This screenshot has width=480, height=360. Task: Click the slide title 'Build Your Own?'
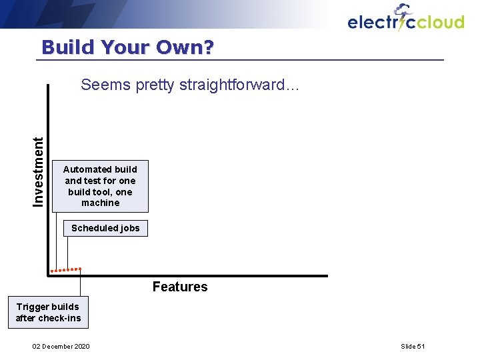click(x=127, y=47)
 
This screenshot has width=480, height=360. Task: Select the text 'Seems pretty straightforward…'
click(x=190, y=85)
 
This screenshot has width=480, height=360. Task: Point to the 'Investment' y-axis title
click(x=39, y=171)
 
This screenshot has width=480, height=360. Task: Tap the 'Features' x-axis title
click(x=179, y=287)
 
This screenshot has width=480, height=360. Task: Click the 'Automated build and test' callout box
click(x=100, y=186)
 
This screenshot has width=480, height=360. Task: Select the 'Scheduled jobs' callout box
click(x=105, y=228)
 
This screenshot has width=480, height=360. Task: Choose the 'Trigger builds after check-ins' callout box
click(x=48, y=312)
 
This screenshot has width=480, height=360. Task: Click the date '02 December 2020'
click(x=61, y=346)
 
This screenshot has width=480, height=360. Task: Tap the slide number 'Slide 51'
click(x=413, y=346)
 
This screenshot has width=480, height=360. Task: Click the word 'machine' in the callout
click(x=100, y=203)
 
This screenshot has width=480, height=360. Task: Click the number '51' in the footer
click(x=421, y=346)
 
